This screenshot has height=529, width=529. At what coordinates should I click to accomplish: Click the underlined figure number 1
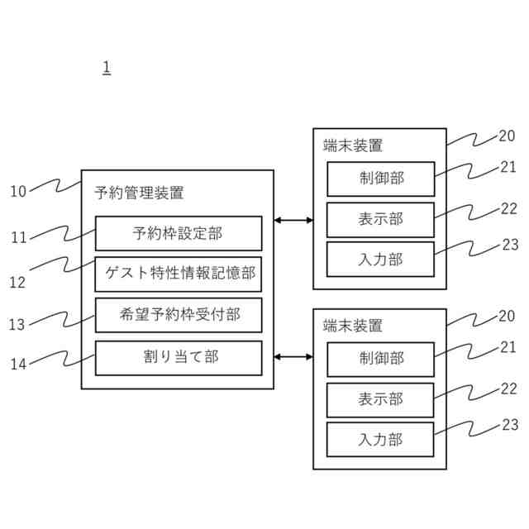coord(107,67)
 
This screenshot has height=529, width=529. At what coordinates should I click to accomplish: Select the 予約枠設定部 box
coord(179,233)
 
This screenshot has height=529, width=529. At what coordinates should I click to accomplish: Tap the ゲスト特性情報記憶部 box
coord(179,274)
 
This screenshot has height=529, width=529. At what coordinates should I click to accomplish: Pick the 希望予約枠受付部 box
coord(179,315)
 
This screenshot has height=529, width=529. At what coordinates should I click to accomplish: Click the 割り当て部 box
coord(179,357)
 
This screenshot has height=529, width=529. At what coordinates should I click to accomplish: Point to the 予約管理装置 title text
coord(140,194)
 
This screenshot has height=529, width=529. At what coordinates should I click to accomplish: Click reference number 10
coord(18,192)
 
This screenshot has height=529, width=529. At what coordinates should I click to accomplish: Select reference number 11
coord(18,238)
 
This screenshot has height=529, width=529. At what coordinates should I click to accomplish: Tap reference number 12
coord(18,282)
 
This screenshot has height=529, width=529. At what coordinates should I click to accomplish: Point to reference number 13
coord(18,325)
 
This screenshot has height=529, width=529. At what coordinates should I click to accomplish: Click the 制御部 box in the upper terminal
coord(380,179)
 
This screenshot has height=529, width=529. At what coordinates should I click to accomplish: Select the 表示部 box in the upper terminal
coord(380,219)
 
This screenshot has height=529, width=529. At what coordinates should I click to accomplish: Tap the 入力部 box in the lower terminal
coord(380,440)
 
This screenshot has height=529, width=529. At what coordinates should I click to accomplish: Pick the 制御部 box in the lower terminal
coord(380,359)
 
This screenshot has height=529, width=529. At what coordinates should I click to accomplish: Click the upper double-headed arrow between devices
coord(293,220)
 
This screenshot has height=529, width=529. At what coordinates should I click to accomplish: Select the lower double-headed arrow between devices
coord(293,357)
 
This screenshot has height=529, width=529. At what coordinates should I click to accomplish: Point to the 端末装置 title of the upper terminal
coord(353,145)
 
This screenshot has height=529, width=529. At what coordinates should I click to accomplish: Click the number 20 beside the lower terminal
coord(508,316)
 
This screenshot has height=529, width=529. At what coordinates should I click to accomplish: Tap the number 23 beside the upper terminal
coord(510,245)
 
